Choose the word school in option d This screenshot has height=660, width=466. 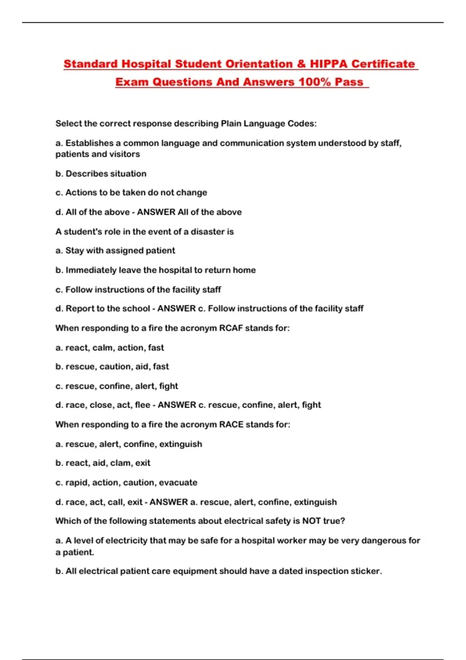click(136, 308)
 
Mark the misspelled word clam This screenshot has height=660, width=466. click(120, 463)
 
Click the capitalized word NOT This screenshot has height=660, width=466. click(311, 521)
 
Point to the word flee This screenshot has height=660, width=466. click(143, 405)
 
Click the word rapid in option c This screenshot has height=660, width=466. click(77, 483)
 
